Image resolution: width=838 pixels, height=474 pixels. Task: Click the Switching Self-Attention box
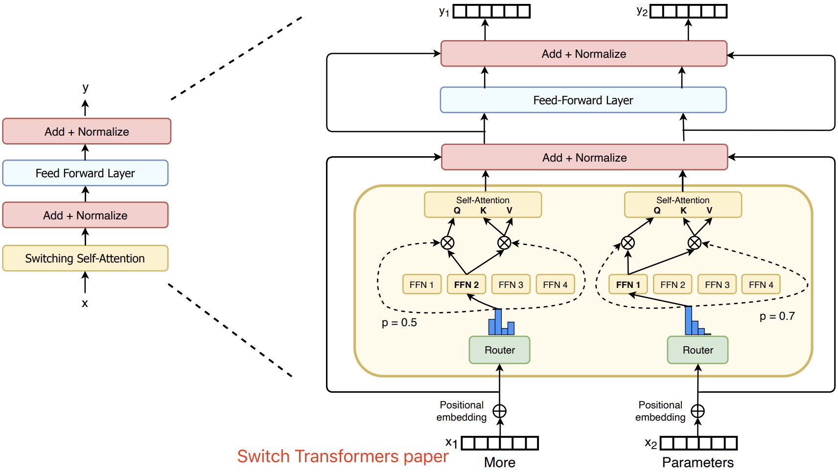point(85,258)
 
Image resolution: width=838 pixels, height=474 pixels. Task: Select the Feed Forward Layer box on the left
point(85,173)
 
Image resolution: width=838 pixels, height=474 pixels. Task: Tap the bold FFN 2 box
point(466,284)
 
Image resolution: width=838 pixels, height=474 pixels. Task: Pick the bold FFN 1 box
point(628,284)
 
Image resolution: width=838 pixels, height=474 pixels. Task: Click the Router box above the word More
point(499,350)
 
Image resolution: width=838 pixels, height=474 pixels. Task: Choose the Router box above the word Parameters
point(698,350)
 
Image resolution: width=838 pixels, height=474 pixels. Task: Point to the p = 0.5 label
point(399,323)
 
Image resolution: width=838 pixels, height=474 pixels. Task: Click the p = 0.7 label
point(777,316)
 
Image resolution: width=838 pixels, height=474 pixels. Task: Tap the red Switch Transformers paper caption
point(343,456)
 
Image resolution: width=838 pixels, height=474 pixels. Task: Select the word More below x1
point(500,462)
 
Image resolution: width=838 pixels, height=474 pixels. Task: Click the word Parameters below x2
point(698,463)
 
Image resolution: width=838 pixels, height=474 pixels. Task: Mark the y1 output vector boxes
point(491,11)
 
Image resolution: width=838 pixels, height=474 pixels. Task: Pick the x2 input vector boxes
point(698,443)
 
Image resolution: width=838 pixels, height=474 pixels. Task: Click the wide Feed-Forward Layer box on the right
point(583,100)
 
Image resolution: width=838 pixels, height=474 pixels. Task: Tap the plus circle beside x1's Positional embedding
point(499,411)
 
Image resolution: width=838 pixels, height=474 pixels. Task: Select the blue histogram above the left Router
point(501,322)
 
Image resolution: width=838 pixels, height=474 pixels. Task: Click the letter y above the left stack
point(86,88)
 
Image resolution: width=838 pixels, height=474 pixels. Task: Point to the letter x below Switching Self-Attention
point(85,303)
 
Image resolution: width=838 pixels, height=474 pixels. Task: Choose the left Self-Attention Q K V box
point(483,205)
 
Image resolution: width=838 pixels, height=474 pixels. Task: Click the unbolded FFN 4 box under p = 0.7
point(761,284)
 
